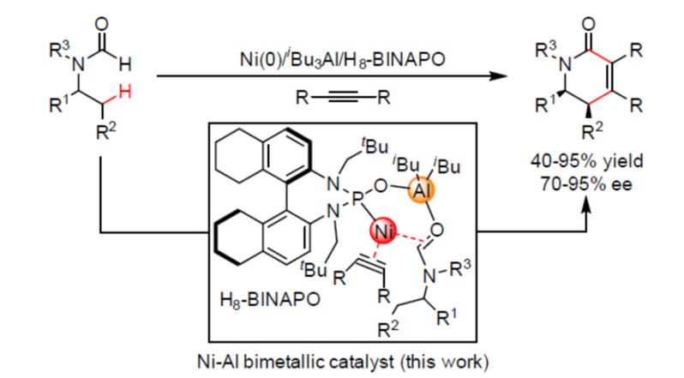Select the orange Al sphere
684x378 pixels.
pyautogui.click(x=421, y=190)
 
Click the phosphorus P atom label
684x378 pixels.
pyautogui.click(x=357, y=199)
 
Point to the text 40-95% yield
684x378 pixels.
pyautogui.click(x=587, y=161)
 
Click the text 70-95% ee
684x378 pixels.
pyautogui.click(x=585, y=184)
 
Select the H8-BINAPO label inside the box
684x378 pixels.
pyautogui.click(x=270, y=300)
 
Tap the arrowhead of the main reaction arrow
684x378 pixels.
pyautogui.click(x=499, y=76)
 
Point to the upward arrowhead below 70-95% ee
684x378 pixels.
pyautogui.click(x=587, y=203)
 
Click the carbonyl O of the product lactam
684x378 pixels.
pyautogui.click(x=589, y=24)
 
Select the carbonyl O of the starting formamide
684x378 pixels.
pyautogui.click(x=101, y=24)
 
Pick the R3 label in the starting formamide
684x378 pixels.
pyautogui.click(x=59, y=49)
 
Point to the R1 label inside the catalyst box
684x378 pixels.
pyautogui.click(x=447, y=317)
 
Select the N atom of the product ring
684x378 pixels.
pyautogui.click(x=565, y=65)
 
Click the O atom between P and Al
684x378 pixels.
pyautogui.click(x=381, y=187)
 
